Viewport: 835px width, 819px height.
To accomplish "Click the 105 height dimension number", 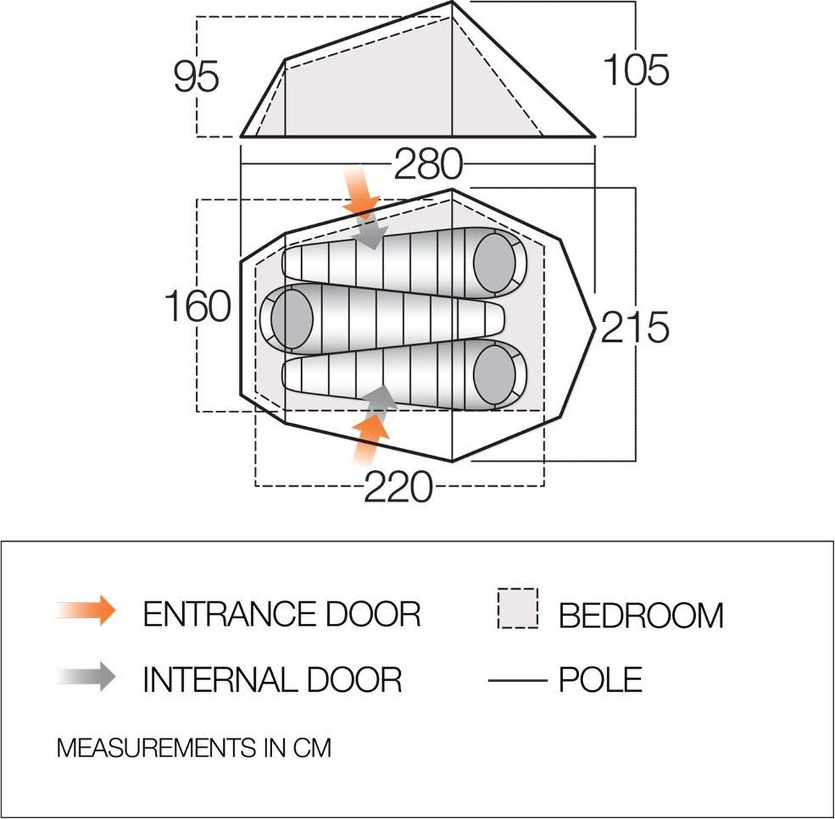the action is point(636,70).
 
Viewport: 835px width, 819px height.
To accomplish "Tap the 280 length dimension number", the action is point(428,165).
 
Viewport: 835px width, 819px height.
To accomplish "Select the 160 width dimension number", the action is point(198,306).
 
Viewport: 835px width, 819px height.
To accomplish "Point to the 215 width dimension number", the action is point(635,327).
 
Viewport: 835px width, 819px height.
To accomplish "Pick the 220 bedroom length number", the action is point(399,487).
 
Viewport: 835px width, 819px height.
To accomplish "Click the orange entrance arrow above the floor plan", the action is point(361,193).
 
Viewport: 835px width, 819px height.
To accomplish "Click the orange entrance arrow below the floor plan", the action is point(369,439).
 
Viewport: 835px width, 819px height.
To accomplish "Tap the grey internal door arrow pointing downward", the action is point(369,234).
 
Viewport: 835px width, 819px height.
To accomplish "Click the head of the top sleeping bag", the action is point(495,262).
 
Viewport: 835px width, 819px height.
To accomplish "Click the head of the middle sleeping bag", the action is point(292,318).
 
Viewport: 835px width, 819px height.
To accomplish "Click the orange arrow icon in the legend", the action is point(86,610).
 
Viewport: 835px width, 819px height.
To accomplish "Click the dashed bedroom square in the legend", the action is point(518,608).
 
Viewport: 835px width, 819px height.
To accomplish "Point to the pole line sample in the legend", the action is point(518,681).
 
